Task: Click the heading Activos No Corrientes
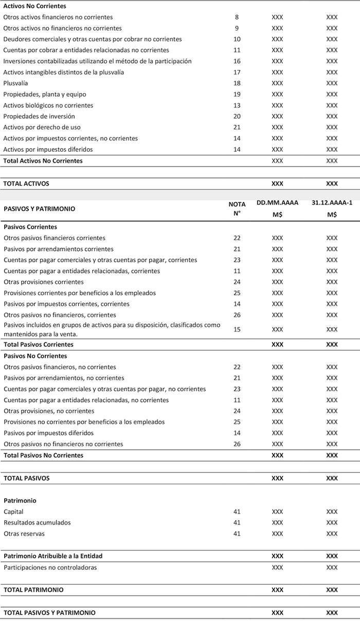point(35,6)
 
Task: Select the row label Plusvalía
point(15,83)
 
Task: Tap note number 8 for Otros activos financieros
point(237,17)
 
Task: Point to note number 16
point(237,61)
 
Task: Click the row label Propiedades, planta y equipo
point(45,95)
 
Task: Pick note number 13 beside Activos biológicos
point(237,105)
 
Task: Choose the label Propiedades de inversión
point(39,116)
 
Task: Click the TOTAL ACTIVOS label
point(27,183)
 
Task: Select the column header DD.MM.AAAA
point(277,203)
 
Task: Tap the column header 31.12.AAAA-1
point(332,203)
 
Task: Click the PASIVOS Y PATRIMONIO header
point(39,209)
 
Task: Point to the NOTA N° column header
point(237,208)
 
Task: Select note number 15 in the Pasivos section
point(237,329)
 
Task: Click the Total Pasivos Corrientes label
point(39,344)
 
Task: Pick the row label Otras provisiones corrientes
point(44,282)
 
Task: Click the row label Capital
point(13,512)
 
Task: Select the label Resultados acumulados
point(37,523)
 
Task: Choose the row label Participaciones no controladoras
point(50,568)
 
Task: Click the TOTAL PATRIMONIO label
point(33,590)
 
